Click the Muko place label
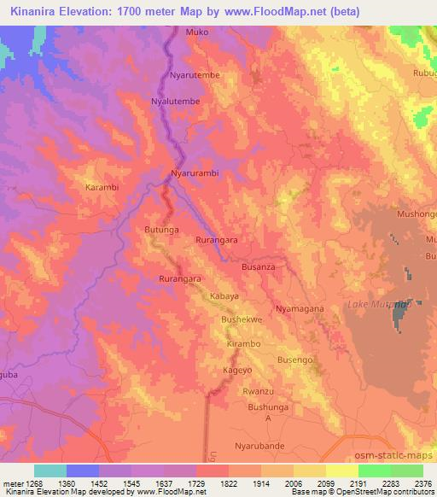196,32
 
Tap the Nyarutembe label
195,76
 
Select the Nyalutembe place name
176,101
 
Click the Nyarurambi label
195,173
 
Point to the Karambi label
102,186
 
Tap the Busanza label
259,267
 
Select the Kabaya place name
224,296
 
